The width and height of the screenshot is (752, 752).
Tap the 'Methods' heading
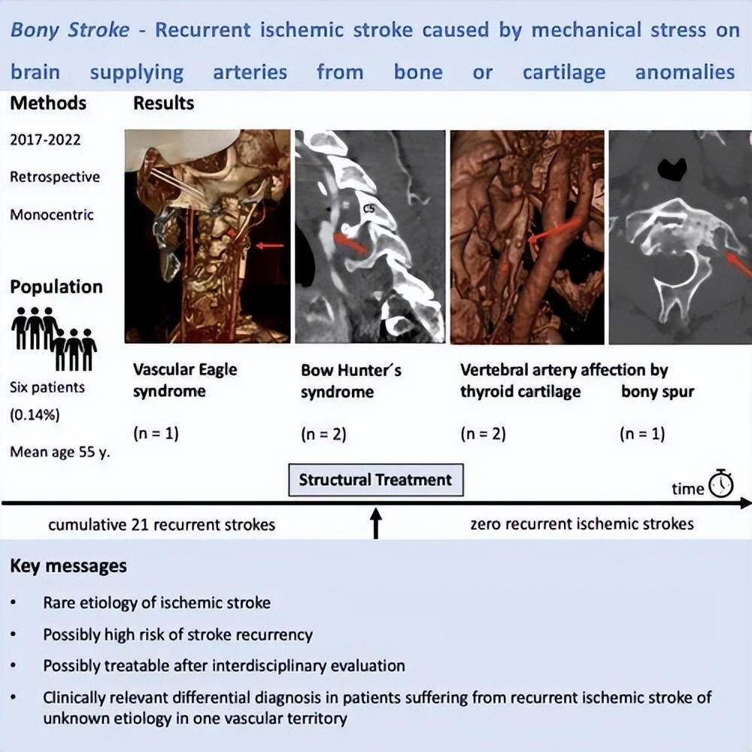click(47, 103)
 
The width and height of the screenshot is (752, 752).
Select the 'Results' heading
click(164, 103)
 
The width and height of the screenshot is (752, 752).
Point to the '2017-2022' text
click(44, 140)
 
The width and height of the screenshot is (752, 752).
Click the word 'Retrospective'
click(55, 177)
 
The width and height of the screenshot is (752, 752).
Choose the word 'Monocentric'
click(52, 214)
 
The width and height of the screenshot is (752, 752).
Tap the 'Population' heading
click(56, 287)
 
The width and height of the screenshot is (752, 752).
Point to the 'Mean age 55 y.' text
click(60, 453)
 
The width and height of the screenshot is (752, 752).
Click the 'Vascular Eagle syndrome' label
click(185, 380)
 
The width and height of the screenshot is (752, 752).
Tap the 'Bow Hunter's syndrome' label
click(351, 381)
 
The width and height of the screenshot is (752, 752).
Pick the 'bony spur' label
click(657, 392)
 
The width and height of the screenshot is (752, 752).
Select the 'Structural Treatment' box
click(376, 480)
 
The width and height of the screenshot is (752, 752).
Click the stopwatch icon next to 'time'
click(720, 483)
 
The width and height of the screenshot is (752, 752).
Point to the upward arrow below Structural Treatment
click(376, 523)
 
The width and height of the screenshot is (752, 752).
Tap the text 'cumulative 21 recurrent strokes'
click(162, 524)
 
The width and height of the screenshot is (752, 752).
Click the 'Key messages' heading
click(68, 566)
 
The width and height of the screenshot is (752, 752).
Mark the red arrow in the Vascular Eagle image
click(269, 245)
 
